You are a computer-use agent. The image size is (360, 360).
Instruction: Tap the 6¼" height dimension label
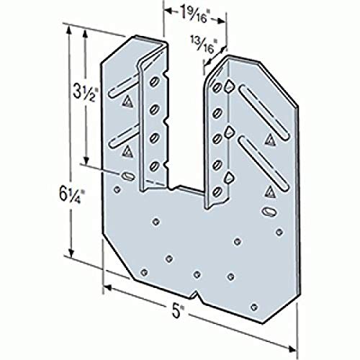(x=72, y=194)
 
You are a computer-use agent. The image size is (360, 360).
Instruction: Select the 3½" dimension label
(x=84, y=92)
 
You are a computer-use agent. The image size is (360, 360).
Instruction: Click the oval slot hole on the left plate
(x=127, y=176)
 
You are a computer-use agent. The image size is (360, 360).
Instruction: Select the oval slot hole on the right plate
(x=269, y=212)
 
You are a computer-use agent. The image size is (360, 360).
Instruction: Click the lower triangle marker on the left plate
(x=127, y=151)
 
